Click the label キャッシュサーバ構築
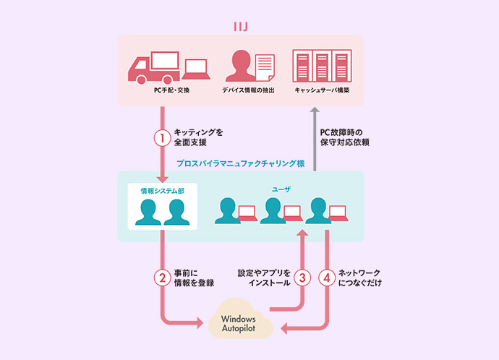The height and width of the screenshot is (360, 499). [322, 91]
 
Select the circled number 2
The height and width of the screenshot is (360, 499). [163, 278]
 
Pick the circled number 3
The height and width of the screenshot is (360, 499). [304, 278]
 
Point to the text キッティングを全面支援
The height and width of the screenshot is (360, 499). [199, 137]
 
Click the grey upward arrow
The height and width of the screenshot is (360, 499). [313, 137]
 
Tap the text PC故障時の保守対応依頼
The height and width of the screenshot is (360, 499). [345, 137]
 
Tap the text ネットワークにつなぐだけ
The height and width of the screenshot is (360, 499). [359, 278]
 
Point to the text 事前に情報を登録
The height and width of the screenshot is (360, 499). [195, 278]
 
